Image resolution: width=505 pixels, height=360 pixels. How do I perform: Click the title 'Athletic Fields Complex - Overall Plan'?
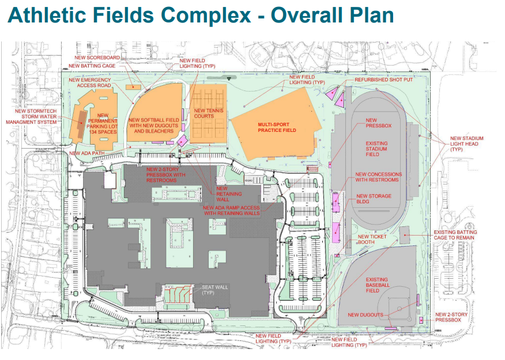coord(200,16)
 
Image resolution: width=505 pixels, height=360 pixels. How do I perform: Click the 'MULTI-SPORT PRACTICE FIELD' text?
coord(277,127)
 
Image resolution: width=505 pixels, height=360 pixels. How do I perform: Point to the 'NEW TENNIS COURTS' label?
coord(204,113)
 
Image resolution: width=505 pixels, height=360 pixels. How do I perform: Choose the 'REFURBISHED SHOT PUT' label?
coord(383,79)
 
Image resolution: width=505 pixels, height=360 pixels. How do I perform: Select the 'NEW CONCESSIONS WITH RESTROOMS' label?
coord(376,177)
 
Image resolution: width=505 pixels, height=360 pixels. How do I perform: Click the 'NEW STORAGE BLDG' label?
coord(374,199)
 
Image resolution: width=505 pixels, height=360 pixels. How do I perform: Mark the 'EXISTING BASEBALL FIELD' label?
coord(378,282)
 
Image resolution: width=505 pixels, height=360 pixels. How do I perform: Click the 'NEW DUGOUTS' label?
coord(365,315)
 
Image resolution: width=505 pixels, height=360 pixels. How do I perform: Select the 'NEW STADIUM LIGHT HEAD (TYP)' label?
coord(466,143)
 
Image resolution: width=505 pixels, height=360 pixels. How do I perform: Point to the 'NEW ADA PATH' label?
coord(84,153)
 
